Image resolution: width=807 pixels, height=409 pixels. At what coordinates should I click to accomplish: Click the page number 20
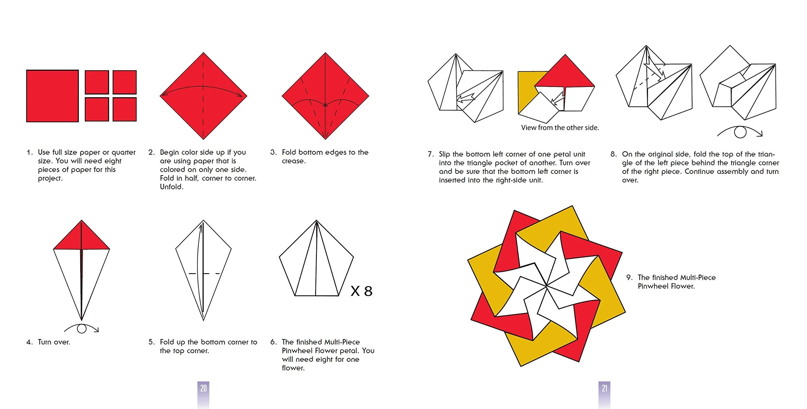(203, 388)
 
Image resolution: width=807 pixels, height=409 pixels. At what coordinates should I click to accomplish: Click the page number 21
(604, 388)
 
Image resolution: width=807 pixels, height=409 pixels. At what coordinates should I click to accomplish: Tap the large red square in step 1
(52, 96)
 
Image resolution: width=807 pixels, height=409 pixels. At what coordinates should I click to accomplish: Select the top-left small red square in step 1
(97, 82)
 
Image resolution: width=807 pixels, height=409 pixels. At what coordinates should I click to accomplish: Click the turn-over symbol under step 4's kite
(82, 329)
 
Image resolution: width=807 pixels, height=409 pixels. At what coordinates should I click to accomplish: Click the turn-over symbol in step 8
(740, 132)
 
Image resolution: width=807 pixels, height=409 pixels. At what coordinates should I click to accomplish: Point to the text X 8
(362, 291)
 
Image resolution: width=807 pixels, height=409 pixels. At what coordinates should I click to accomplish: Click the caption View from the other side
(560, 128)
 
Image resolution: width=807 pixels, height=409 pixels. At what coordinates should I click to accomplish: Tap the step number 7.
(430, 154)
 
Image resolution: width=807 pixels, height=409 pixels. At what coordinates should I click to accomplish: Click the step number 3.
(273, 152)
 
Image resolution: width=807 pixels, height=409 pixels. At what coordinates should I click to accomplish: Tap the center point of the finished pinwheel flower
(546, 286)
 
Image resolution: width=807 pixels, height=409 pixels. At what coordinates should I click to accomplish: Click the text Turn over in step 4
(54, 342)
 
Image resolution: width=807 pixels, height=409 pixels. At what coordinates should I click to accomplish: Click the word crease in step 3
(293, 161)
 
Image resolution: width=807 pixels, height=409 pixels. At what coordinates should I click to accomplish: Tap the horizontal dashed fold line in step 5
(204, 274)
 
